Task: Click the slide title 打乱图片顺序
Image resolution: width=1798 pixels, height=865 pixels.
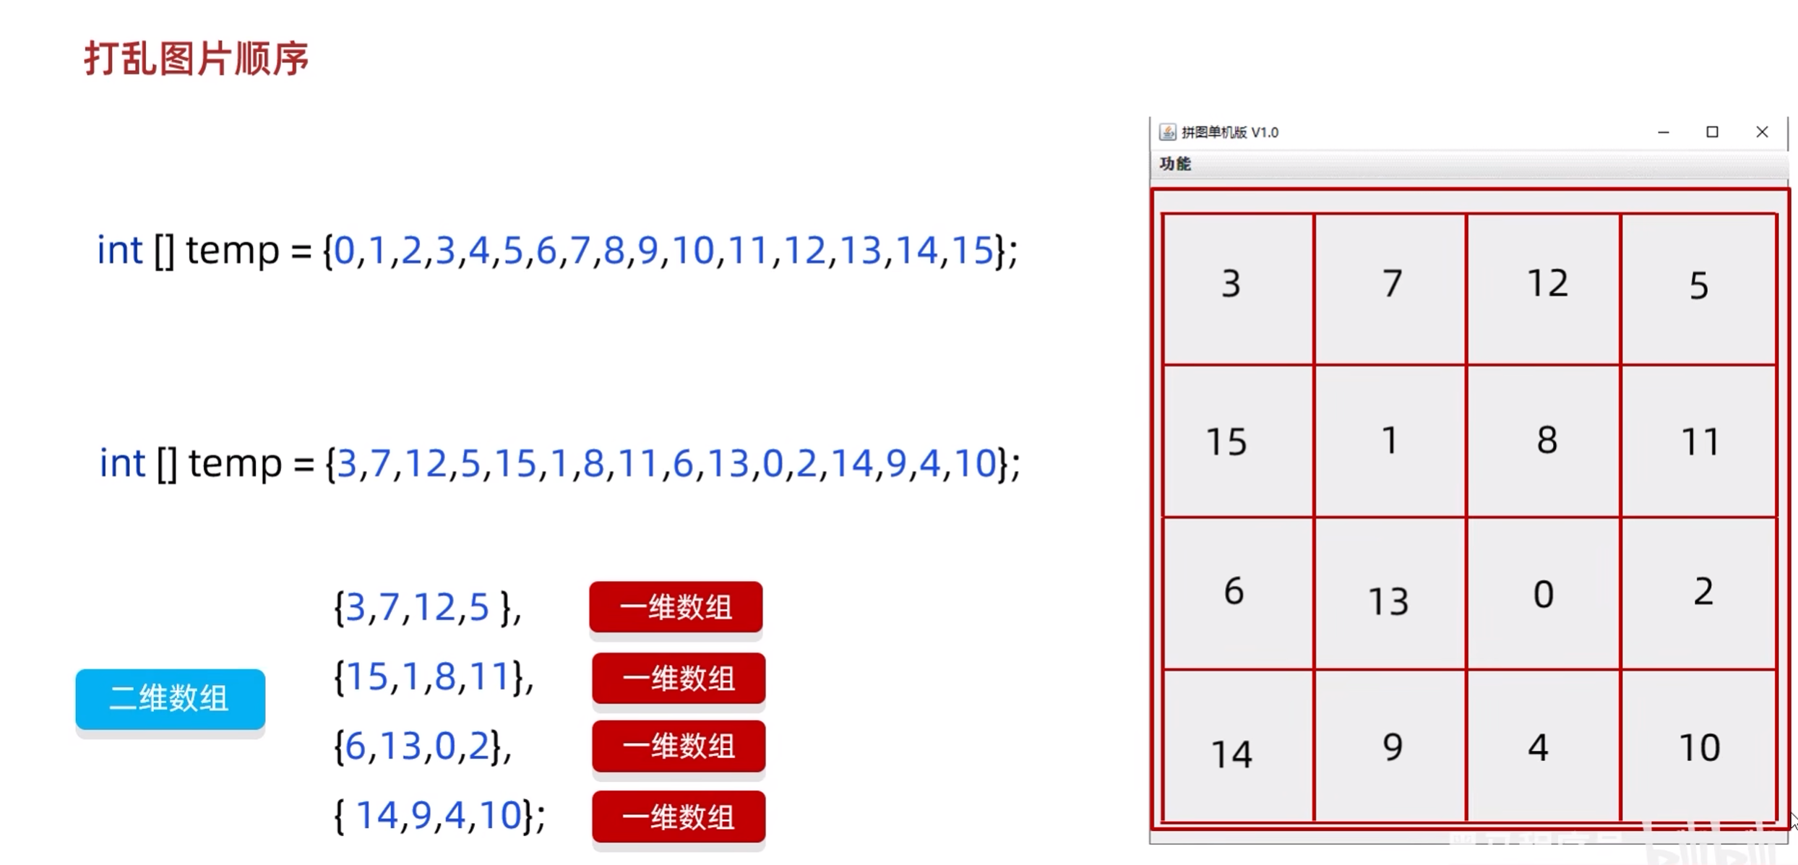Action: click(x=197, y=59)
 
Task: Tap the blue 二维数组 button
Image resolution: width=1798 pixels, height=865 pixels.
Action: click(x=170, y=698)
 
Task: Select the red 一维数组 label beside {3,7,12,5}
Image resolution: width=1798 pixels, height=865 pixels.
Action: click(x=676, y=607)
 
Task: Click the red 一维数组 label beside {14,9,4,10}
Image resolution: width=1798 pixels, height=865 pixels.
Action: click(x=678, y=817)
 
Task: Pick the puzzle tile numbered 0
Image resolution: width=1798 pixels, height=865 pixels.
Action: click(x=1543, y=594)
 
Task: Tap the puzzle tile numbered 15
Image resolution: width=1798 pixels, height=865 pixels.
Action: click(x=1238, y=441)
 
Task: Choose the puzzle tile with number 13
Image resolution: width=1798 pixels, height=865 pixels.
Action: click(x=1390, y=594)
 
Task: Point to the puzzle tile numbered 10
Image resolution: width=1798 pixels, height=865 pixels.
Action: click(x=1698, y=746)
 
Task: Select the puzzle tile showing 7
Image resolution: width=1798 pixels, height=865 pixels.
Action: click(x=1390, y=289)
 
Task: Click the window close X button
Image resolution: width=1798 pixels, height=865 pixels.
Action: click(x=1762, y=132)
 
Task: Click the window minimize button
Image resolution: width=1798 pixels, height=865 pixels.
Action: click(x=1664, y=132)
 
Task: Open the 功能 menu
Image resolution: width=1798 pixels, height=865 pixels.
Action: click(x=1175, y=164)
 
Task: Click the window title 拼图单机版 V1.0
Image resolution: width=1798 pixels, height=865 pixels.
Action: click(x=1229, y=132)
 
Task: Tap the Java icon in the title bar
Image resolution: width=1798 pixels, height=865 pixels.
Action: click(x=1167, y=132)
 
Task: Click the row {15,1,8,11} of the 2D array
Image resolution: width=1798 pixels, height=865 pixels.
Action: click(x=432, y=677)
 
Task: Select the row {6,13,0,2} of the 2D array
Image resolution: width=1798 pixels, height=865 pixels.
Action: click(x=421, y=746)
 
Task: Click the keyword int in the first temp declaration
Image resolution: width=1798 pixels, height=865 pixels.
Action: click(x=120, y=251)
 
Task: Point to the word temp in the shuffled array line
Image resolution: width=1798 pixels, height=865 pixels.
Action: click(x=235, y=463)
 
